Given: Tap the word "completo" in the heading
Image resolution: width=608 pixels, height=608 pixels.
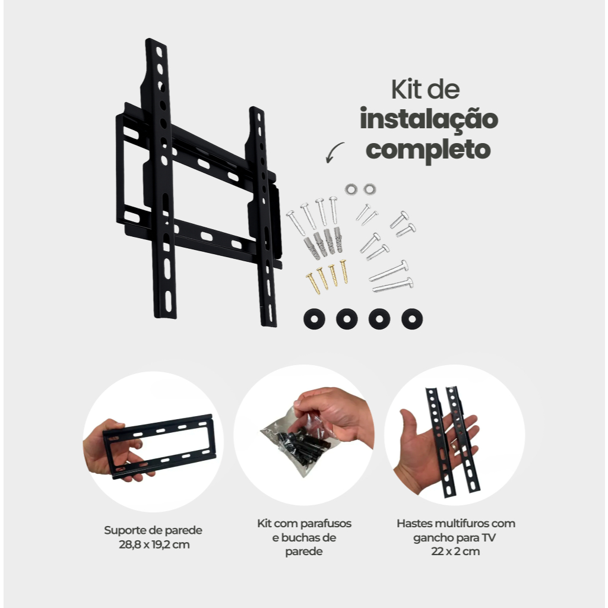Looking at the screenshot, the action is pos(429,150).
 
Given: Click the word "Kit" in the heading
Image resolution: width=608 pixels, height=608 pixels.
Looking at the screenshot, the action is pos(406,90).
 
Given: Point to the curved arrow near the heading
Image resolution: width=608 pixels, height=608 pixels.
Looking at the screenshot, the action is pos(334,152).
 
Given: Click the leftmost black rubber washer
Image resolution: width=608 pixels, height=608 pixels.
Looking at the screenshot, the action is pos(314,319).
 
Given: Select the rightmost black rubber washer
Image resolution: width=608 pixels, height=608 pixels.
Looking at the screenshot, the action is pos(412,319).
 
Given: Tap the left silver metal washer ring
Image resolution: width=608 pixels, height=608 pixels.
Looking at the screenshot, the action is pos(351,189).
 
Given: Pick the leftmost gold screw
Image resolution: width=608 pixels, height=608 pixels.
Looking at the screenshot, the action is pos(313,283).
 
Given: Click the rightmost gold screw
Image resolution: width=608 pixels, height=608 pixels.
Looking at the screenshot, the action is pos(344,271).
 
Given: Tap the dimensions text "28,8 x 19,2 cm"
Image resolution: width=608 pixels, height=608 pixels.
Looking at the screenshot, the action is pos(154,544).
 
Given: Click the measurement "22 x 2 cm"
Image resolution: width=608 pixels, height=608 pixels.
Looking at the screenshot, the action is pos(455,551).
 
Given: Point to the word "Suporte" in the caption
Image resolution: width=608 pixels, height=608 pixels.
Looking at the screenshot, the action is pos(123,530).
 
